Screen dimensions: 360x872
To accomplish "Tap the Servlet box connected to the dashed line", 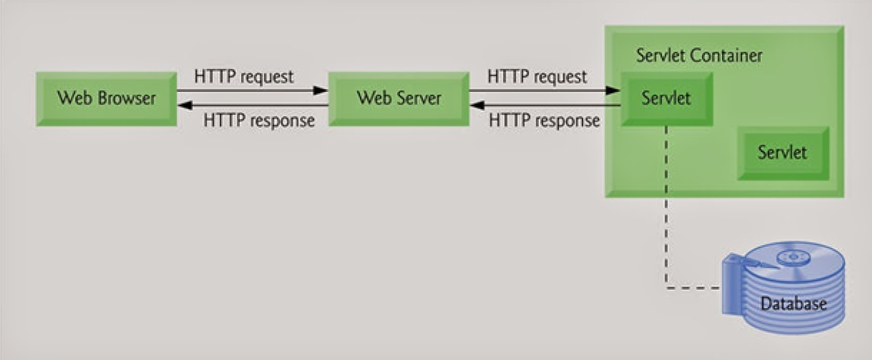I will [666, 98].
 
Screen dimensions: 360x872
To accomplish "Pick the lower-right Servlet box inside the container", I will [782, 152].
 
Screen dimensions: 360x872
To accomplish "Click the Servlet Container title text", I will [699, 55].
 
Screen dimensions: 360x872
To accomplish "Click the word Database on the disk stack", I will [793, 303].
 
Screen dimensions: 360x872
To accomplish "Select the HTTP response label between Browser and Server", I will [259, 120].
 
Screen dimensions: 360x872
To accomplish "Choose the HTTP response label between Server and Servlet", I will [544, 120].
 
